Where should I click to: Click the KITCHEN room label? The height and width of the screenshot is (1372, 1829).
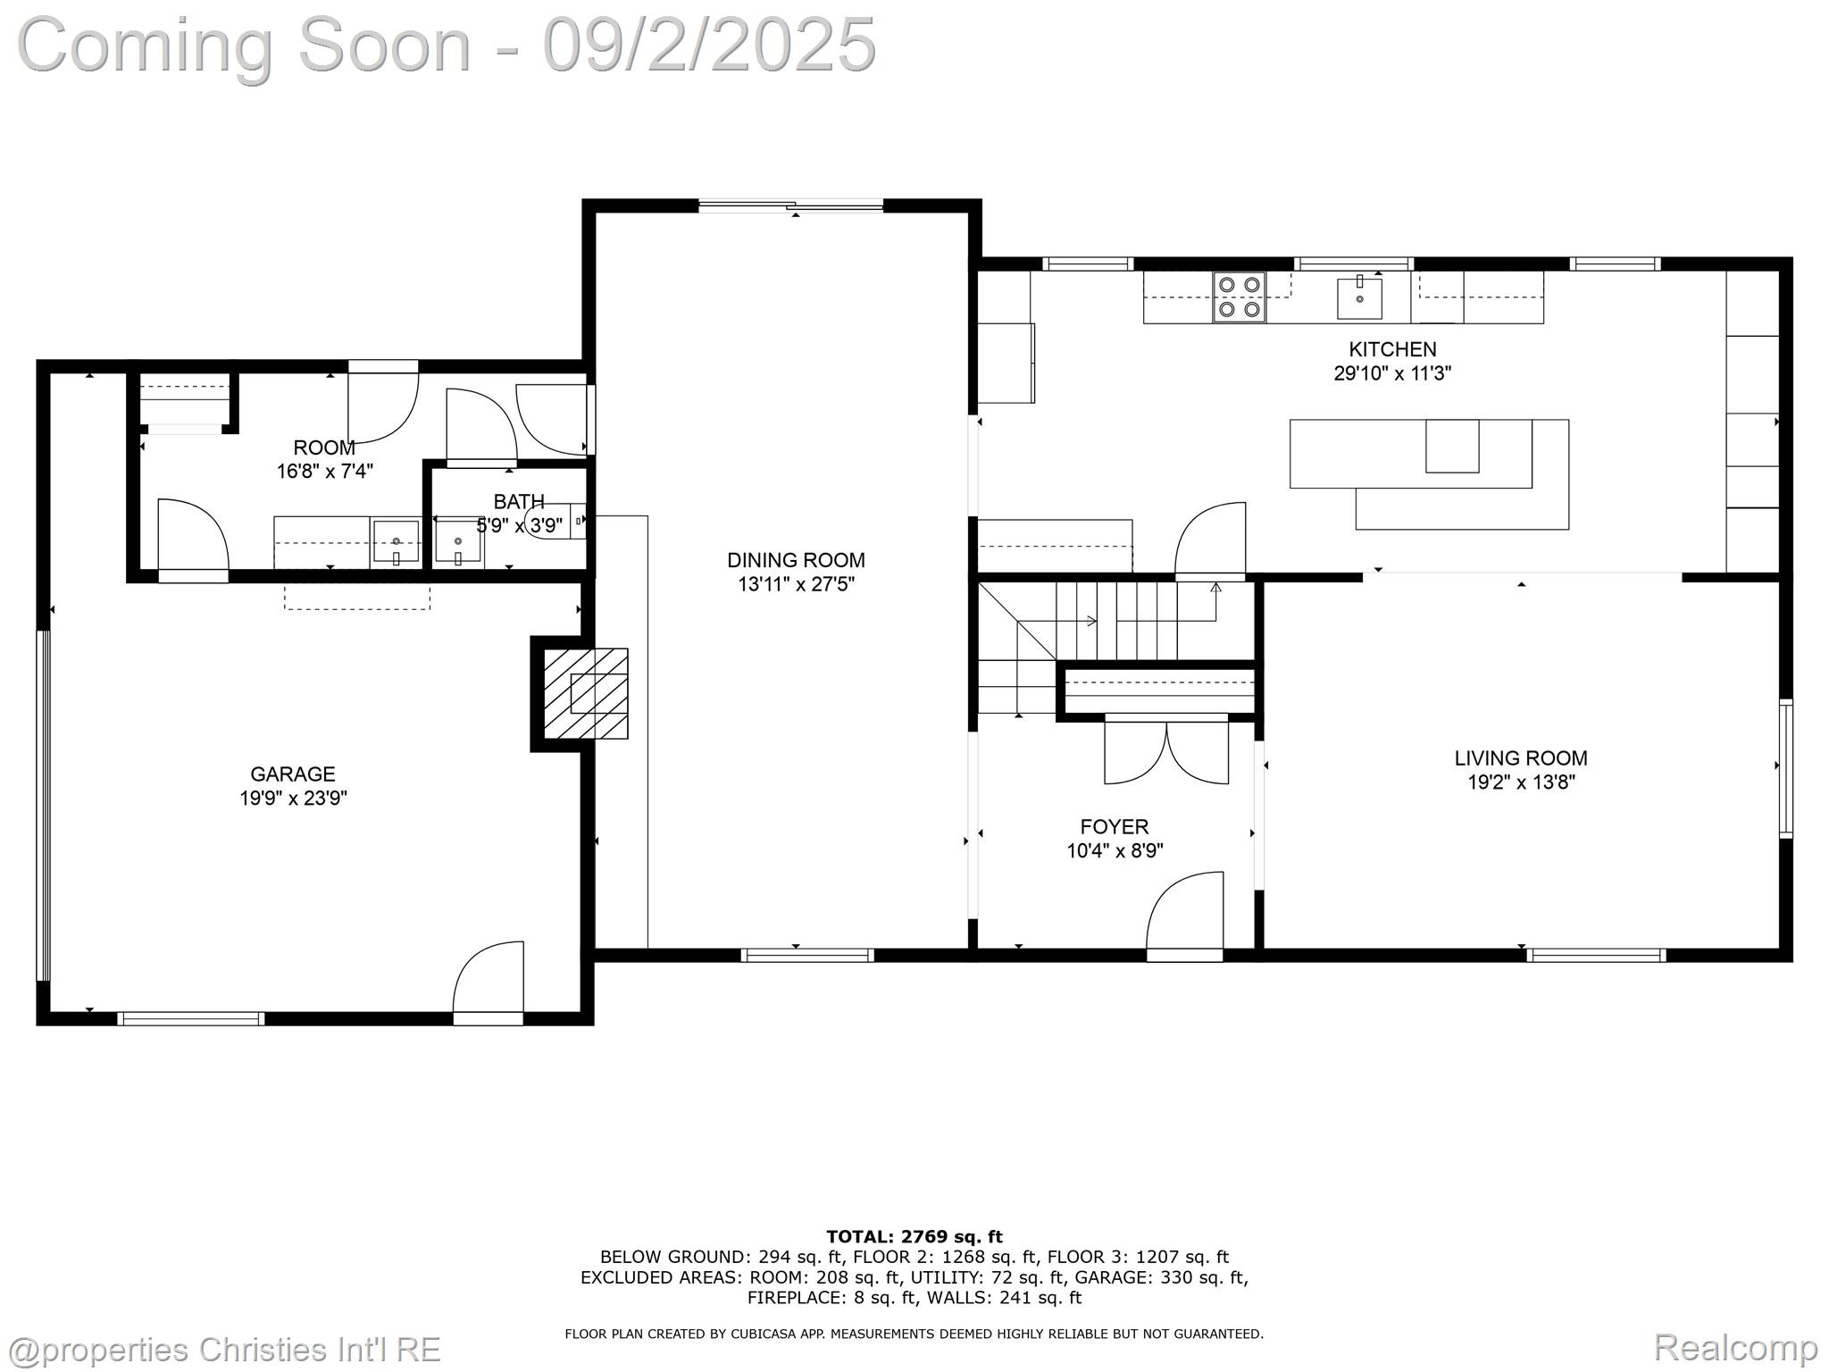pyautogui.click(x=1391, y=349)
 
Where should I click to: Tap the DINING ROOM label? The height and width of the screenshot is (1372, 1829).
pyautogui.click(x=795, y=560)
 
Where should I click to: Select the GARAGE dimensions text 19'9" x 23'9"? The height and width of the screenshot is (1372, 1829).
pyautogui.click(x=293, y=798)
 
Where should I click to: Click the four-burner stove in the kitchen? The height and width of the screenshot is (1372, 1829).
pyautogui.click(x=1240, y=297)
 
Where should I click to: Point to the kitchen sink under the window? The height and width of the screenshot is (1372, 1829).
pyautogui.click(x=1359, y=298)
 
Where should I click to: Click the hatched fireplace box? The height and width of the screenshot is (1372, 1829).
pyautogui.click(x=586, y=693)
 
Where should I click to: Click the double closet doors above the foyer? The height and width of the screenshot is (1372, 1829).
pyautogui.click(x=1166, y=750)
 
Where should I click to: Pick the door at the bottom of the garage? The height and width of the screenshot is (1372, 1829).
pyautogui.click(x=488, y=983)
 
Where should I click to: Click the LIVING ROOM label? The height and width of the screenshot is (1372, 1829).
pyautogui.click(x=1520, y=758)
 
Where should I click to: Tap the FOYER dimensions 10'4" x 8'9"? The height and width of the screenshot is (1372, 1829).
pyautogui.click(x=1114, y=851)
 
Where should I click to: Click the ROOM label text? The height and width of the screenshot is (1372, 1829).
pyautogui.click(x=323, y=448)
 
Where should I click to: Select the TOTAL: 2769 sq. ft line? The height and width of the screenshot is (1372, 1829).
pyautogui.click(x=914, y=1236)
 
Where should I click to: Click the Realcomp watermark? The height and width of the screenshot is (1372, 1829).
pyautogui.click(x=1735, y=1346)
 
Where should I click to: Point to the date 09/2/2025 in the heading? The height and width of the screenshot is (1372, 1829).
pyautogui.click(x=709, y=46)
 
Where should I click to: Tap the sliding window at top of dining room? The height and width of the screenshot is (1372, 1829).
pyautogui.click(x=790, y=206)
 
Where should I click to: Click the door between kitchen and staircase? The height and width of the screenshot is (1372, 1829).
pyautogui.click(x=1210, y=540)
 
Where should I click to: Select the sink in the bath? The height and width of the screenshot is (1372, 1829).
pyautogui.click(x=458, y=543)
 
